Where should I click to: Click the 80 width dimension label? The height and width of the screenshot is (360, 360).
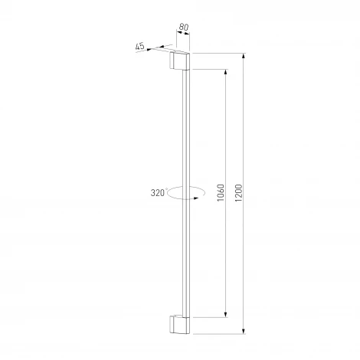[x=184, y=27]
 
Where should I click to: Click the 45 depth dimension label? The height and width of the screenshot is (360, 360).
[x=139, y=47]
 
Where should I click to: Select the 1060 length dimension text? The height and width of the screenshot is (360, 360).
[x=221, y=193]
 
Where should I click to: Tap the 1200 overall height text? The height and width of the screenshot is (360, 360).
[x=238, y=193]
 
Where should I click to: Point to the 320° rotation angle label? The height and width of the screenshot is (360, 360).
[x=159, y=193]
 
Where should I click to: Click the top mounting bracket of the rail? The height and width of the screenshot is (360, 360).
[x=180, y=61]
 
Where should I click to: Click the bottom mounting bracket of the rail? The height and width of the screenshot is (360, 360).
[x=180, y=325]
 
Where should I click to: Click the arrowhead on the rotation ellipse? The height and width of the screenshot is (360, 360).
[x=196, y=198]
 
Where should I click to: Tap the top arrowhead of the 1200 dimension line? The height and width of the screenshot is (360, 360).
[x=244, y=56]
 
